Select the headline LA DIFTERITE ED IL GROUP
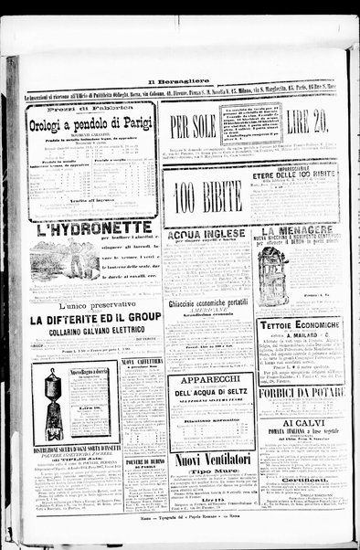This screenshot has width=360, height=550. click(x=93, y=321)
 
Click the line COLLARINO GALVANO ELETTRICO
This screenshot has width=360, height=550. click(x=93, y=333)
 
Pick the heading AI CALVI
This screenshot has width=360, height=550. click(x=300, y=424)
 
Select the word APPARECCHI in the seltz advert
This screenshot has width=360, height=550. click(x=209, y=378)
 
